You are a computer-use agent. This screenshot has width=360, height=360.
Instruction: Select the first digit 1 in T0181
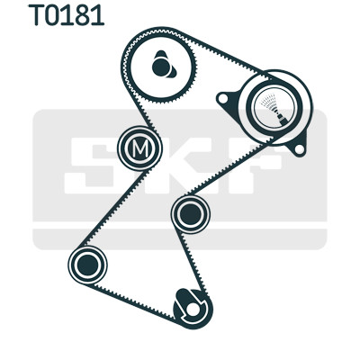click(68, 14)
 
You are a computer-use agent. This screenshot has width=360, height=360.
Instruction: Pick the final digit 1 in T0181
click(97, 14)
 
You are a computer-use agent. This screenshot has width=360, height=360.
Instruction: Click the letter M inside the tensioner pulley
click(140, 148)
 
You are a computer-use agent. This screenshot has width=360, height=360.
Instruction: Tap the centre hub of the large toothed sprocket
click(161, 67)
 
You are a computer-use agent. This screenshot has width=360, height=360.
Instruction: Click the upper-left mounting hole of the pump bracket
click(223, 98)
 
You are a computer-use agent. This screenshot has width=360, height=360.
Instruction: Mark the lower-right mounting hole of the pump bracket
click(299, 149)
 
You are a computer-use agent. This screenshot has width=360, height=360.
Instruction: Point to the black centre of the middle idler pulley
click(191, 214)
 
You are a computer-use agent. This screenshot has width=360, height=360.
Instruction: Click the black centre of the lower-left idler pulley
click(87, 265)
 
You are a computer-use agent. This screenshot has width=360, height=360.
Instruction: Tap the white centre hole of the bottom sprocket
click(193, 310)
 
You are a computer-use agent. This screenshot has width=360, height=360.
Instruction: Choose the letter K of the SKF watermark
click(168, 166)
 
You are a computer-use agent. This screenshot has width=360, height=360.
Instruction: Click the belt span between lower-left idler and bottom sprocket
click(134, 301)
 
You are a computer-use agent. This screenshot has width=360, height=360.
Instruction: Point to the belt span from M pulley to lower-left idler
click(112, 207)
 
